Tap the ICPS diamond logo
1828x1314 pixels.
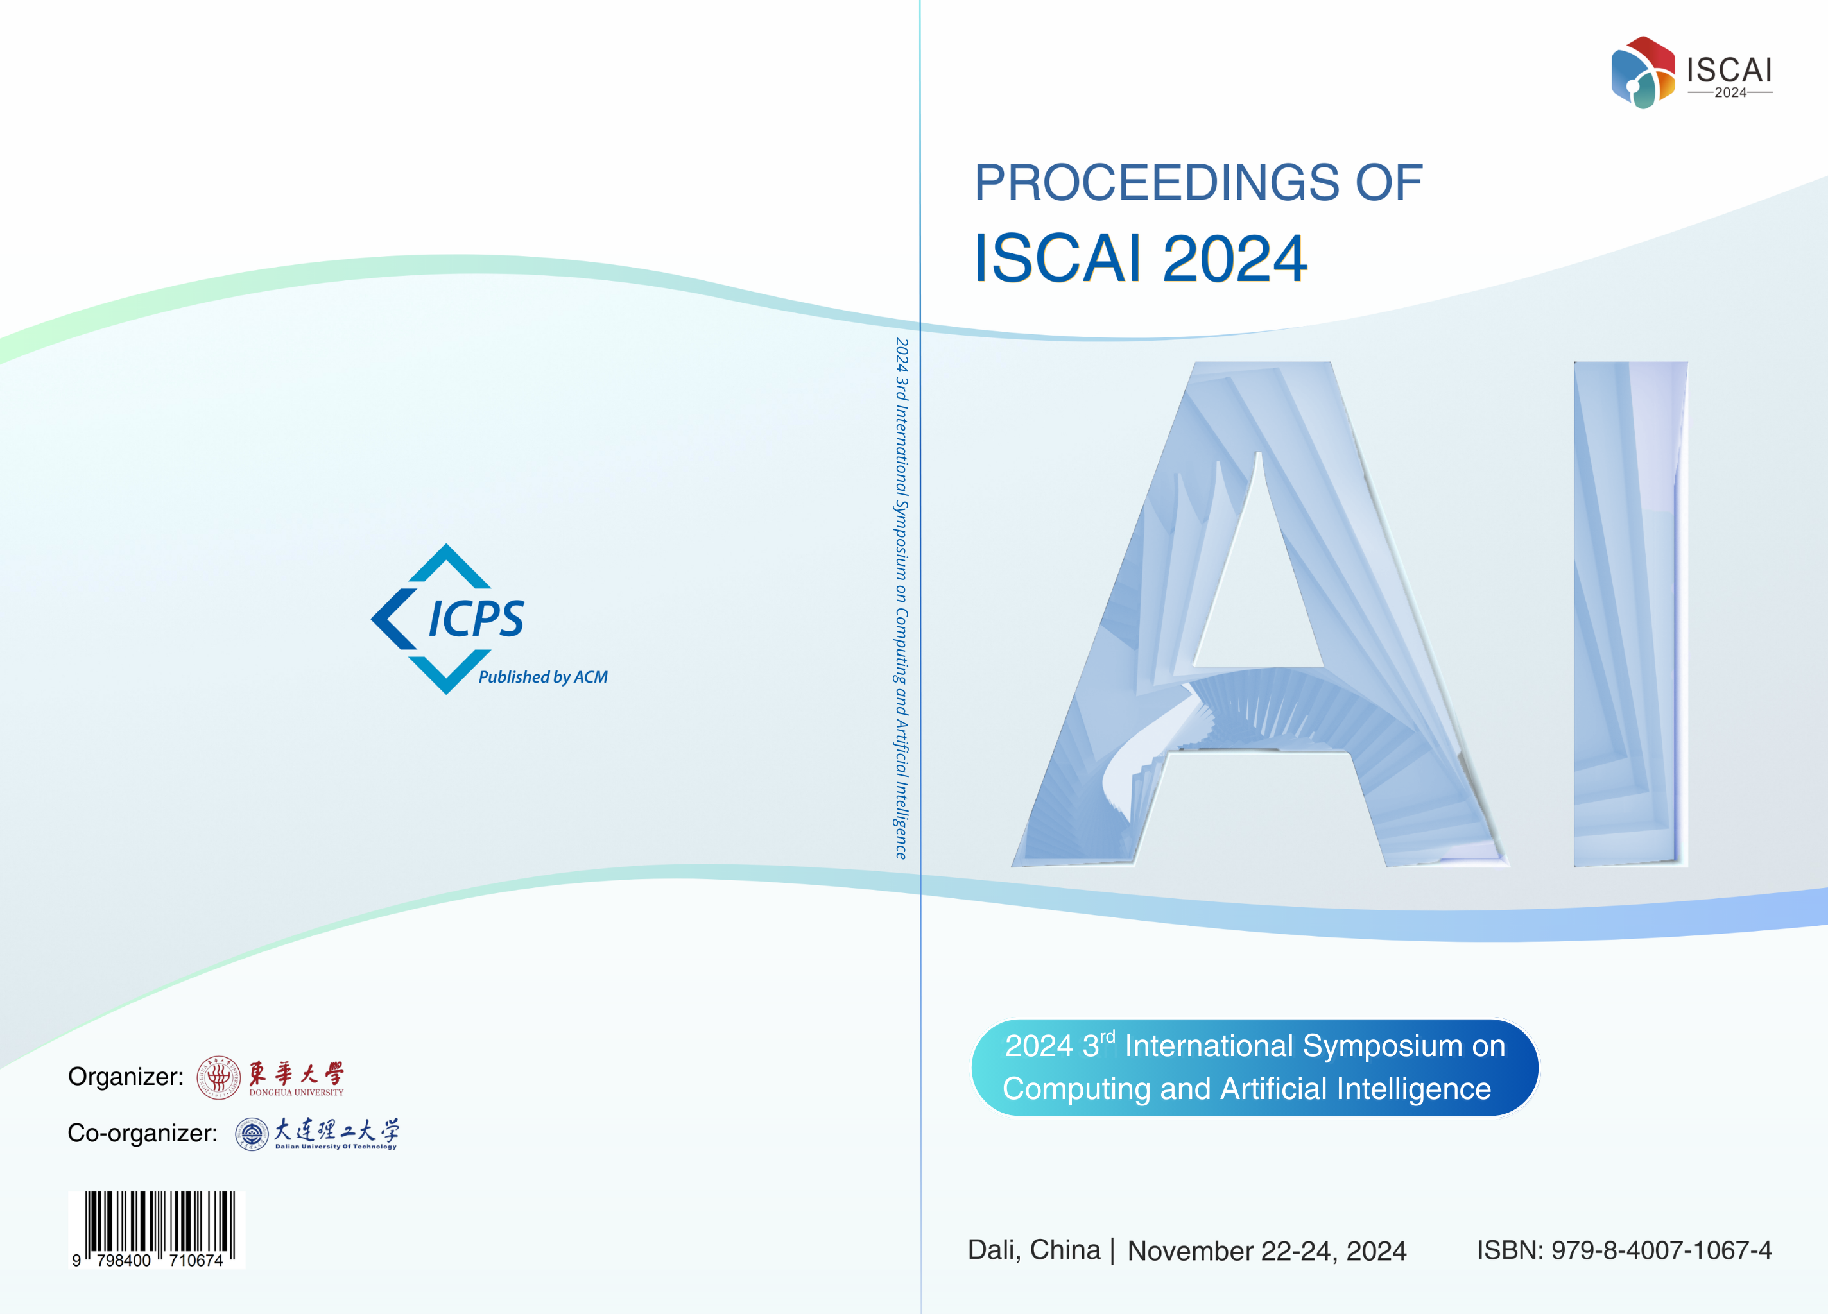click(447, 619)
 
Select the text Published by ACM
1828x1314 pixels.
click(543, 678)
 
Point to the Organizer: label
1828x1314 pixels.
click(126, 1077)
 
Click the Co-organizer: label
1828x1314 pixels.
click(142, 1132)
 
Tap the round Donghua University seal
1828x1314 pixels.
click(218, 1077)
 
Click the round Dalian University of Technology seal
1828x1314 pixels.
click(252, 1134)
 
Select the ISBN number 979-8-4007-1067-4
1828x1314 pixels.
click(1661, 1250)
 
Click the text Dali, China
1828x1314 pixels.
click(1034, 1250)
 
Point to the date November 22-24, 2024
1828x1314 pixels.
click(1266, 1251)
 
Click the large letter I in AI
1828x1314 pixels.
click(1630, 614)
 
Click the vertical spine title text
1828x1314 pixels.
click(902, 599)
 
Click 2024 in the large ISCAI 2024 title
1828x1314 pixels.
click(1235, 259)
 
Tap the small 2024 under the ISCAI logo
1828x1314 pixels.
click(1730, 92)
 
